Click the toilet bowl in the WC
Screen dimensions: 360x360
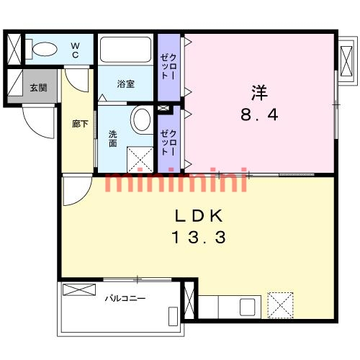click(x=45, y=49)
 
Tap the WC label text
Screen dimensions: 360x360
click(x=75, y=50)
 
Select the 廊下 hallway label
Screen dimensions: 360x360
click(x=80, y=123)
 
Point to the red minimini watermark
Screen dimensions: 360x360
click(x=176, y=182)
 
